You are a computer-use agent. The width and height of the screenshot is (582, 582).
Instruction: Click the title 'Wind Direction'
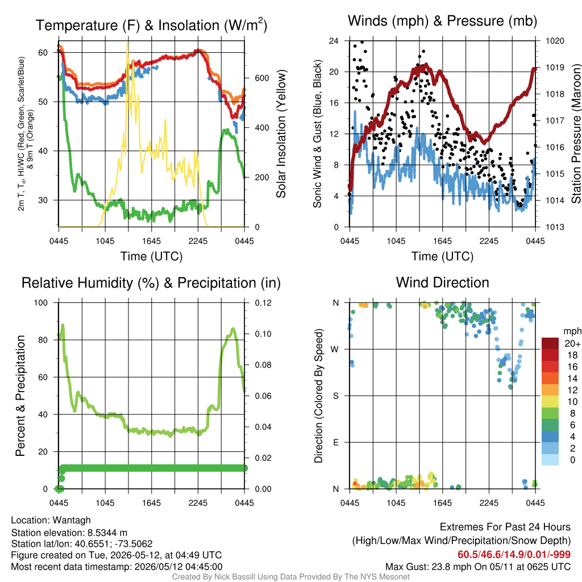(442, 282)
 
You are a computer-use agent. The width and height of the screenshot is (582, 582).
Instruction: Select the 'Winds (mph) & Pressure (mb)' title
(442, 21)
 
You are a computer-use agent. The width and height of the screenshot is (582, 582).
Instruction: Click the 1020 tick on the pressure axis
(555, 40)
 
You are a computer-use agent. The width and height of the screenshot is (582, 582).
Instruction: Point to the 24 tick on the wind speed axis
(334, 40)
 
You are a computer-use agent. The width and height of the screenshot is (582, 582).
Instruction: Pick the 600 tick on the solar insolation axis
(262, 78)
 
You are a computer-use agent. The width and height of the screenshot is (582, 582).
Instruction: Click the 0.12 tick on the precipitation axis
(263, 303)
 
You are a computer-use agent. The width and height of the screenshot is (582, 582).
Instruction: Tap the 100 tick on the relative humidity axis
(41, 303)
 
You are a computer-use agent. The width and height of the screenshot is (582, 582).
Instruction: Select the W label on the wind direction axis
(335, 350)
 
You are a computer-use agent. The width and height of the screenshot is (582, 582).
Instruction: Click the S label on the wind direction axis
(335, 396)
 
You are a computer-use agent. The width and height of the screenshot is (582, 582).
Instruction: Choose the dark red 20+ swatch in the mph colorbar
(550, 343)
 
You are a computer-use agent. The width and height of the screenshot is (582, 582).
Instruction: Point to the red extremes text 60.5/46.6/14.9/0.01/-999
(514, 555)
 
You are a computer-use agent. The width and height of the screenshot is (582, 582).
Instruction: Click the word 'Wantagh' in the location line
(72, 521)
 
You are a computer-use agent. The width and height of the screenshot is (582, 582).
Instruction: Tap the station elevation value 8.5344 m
(107, 533)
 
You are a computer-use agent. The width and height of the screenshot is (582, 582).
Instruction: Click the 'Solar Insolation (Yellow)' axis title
(281, 134)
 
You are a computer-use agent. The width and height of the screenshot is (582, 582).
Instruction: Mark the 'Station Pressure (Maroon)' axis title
(576, 134)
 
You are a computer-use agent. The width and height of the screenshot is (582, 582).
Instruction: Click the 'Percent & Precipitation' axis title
(20, 396)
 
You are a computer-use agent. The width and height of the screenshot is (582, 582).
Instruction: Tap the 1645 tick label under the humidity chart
(151, 503)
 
